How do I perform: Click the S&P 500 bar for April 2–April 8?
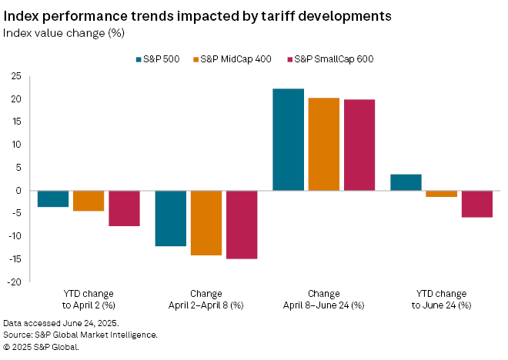(x=171, y=218)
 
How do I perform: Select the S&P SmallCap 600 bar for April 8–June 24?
(x=359, y=145)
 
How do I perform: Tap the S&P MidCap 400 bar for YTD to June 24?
(x=441, y=194)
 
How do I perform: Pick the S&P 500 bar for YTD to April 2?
(x=53, y=198)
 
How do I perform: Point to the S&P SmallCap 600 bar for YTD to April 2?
(x=124, y=208)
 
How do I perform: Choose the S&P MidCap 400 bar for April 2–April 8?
(x=206, y=223)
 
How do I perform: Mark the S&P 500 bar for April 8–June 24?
(x=288, y=139)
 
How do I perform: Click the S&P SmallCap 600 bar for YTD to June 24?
(x=476, y=204)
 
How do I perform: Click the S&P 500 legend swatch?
(x=139, y=59)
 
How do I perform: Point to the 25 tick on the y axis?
(x=15, y=76)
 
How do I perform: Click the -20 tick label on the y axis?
(x=13, y=282)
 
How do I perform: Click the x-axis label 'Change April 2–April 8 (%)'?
(x=206, y=299)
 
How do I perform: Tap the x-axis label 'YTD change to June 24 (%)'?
(x=441, y=299)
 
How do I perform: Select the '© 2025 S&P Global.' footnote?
(x=42, y=346)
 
